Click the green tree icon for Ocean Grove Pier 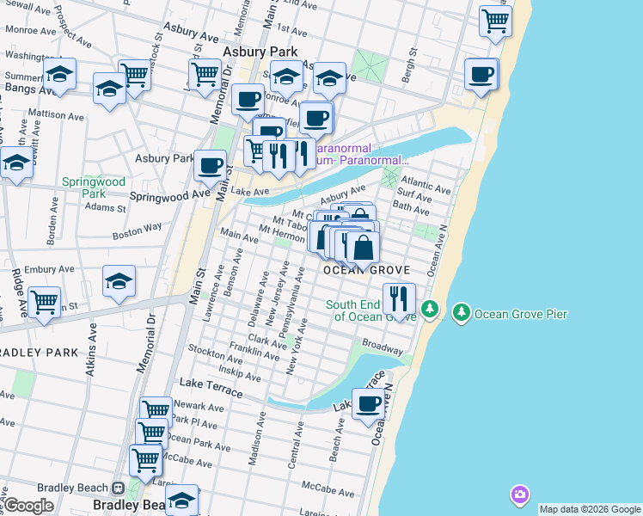click(x=462, y=313)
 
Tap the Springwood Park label click(x=94, y=188)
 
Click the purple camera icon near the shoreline click(x=519, y=494)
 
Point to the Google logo click(x=29, y=505)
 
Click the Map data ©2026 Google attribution click(x=589, y=509)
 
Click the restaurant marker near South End click(x=399, y=298)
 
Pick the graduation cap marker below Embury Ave click(x=119, y=280)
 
